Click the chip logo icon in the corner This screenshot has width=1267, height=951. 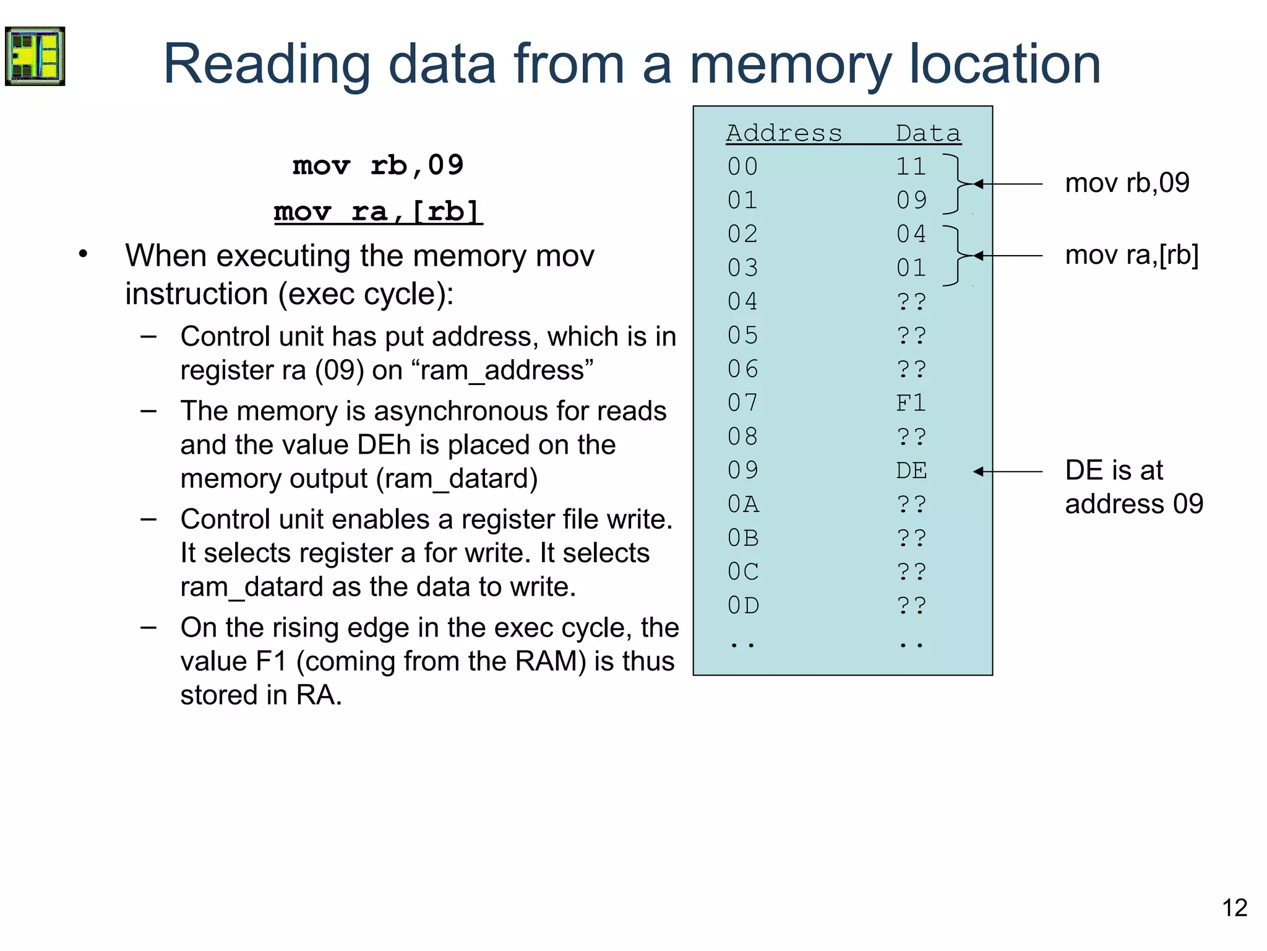click(x=35, y=56)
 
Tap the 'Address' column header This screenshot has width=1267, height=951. click(x=784, y=133)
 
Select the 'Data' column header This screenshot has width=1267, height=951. click(x=928, y=133)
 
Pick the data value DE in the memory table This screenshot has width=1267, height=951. click(x=911, y=471)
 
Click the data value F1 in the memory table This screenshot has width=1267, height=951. click(x=911, y=404)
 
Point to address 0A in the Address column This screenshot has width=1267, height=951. click(x=743, y=505)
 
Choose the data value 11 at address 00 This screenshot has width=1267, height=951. click(x=911, y=167)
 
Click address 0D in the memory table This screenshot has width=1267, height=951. click(x=743, y=606)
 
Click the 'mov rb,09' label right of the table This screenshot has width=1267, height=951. click(x=1127, y=183)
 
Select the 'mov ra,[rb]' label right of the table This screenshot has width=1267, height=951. click(x=1132, y=255)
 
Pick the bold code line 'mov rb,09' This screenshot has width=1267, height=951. click(x=378, y=165)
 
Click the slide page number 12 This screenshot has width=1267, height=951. click(x=1234, y=908)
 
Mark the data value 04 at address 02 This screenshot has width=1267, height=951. click(x=911, y=234)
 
